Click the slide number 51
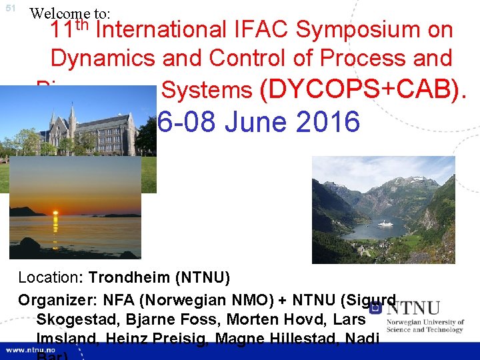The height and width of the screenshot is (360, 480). [x=10, y=9]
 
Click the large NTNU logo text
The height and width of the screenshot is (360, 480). [x=413, y=309]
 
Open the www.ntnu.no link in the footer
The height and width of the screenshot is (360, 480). [x=33, y=350]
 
